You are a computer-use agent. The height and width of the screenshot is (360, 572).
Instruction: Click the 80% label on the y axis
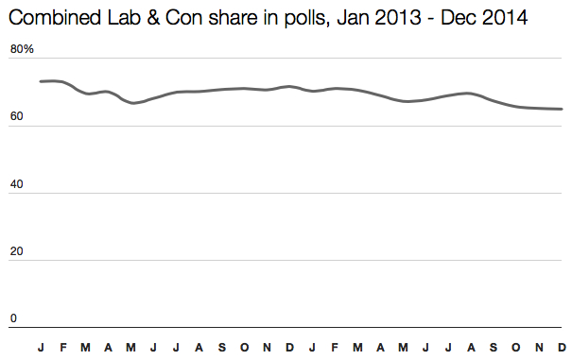[22, 49]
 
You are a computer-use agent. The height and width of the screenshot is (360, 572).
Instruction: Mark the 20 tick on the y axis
[16, 251]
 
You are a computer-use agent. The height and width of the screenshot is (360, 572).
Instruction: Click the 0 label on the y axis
[13, 318]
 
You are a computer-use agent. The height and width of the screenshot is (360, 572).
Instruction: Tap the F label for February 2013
[63, 347]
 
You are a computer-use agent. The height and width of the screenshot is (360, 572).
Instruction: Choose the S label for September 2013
[221, 347]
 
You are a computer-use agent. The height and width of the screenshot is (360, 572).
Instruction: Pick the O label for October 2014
[516, 347]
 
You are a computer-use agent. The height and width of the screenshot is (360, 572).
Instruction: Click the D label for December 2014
[562, 347]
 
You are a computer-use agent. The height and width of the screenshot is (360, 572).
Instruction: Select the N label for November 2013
[267, 347]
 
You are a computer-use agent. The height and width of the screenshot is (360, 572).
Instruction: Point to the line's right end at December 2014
[562, 109]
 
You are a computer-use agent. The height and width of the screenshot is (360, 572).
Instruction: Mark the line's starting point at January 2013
[41, 81]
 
